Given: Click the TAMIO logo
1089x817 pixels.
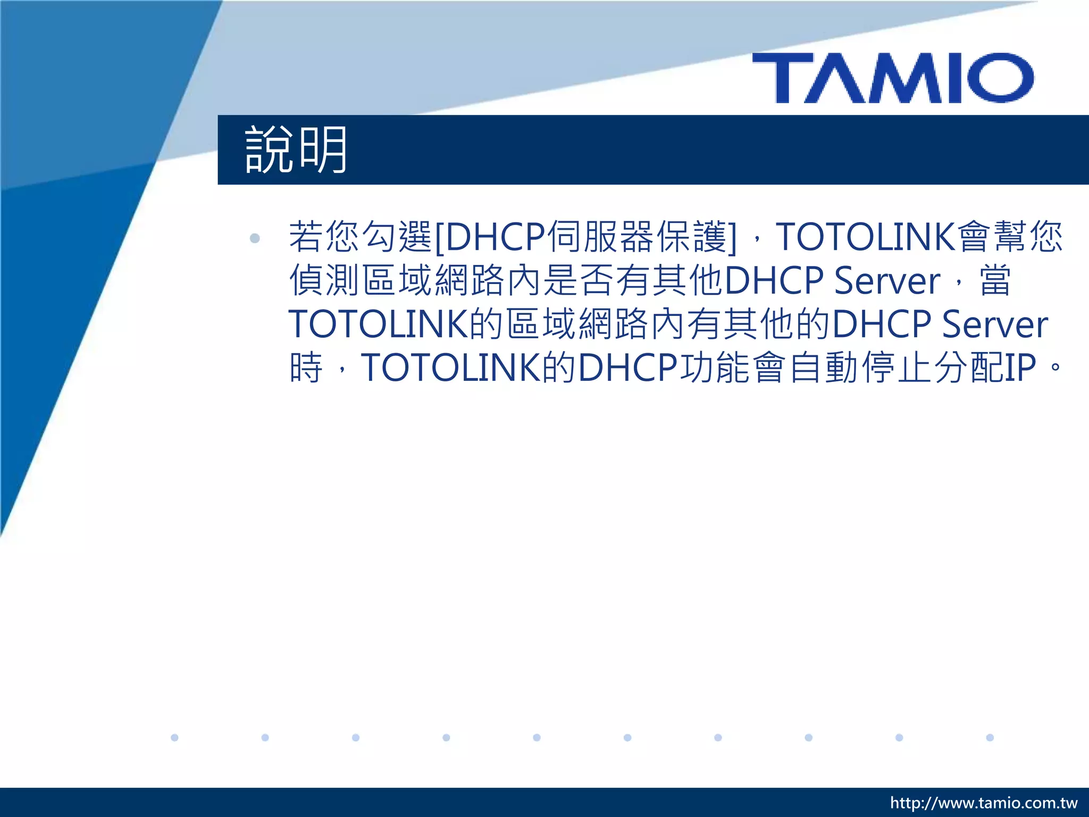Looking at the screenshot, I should pyautogui.click(x=893, y=78).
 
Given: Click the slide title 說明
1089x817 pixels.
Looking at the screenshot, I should pyautogui.click(x=296, y=150).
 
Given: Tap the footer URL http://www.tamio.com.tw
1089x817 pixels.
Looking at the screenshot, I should pyautogui.click(x=984, y=803).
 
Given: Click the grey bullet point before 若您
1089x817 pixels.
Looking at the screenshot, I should pyautogui.click(x=255, y=238).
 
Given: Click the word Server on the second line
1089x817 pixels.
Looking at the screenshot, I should pyautogui.click(x=886, y=281).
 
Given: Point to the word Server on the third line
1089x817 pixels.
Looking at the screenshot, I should pyautogui.click(x=994, y=324).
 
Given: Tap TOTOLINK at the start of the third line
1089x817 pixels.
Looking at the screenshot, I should pyautogui.click(x=378, y=324).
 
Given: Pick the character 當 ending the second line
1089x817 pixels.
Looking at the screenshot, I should pyautogui.click(x=995, y=281).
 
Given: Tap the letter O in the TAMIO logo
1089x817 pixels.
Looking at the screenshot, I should pyautogui.click(x=1000, y=78).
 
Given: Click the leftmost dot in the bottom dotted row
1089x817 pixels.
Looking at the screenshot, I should pyautogui.click(x=174, y=737).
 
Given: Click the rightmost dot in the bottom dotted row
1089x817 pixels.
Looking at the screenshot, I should pyautogui.click(x=990, y=737).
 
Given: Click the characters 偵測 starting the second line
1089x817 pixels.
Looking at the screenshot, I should pyautogui.click(x=324, y=281).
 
